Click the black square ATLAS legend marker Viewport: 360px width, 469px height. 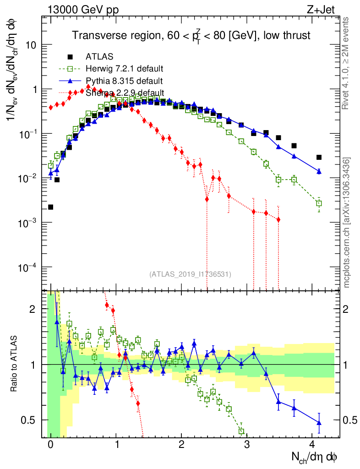coord(70,57)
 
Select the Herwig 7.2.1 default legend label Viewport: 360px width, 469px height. coord(125,69)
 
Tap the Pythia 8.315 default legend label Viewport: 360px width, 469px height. coord(124,81)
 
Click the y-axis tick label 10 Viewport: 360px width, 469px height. coord(31,45)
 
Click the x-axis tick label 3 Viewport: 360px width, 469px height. coord(247,444)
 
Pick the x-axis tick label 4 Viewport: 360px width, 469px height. coord(312,444)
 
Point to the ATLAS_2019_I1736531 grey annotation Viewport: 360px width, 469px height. coord(190,274)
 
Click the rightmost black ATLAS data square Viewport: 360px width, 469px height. coord(319,157)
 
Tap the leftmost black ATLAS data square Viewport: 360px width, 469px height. coord(50,207)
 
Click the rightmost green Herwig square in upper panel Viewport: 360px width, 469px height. coord(319,203)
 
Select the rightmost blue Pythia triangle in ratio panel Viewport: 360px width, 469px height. coord(319,422)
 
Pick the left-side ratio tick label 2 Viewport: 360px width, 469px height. coord(33,309)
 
